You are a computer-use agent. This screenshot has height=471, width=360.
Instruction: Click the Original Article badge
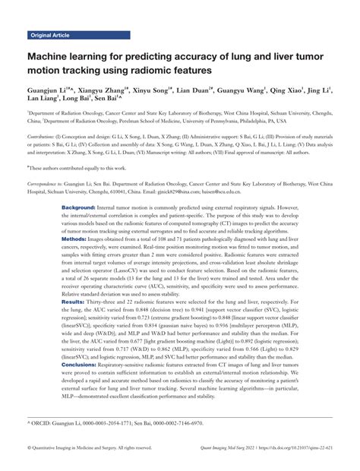(x=49, y=35)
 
